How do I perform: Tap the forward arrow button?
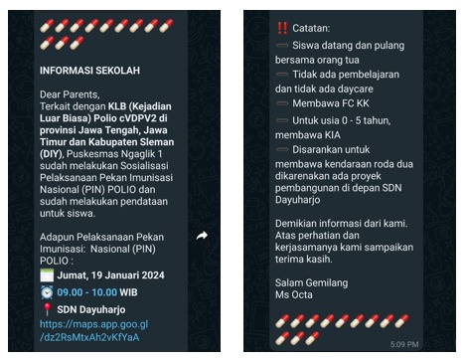[x=202, y=235]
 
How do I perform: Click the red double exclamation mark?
[x=280, y=27]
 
